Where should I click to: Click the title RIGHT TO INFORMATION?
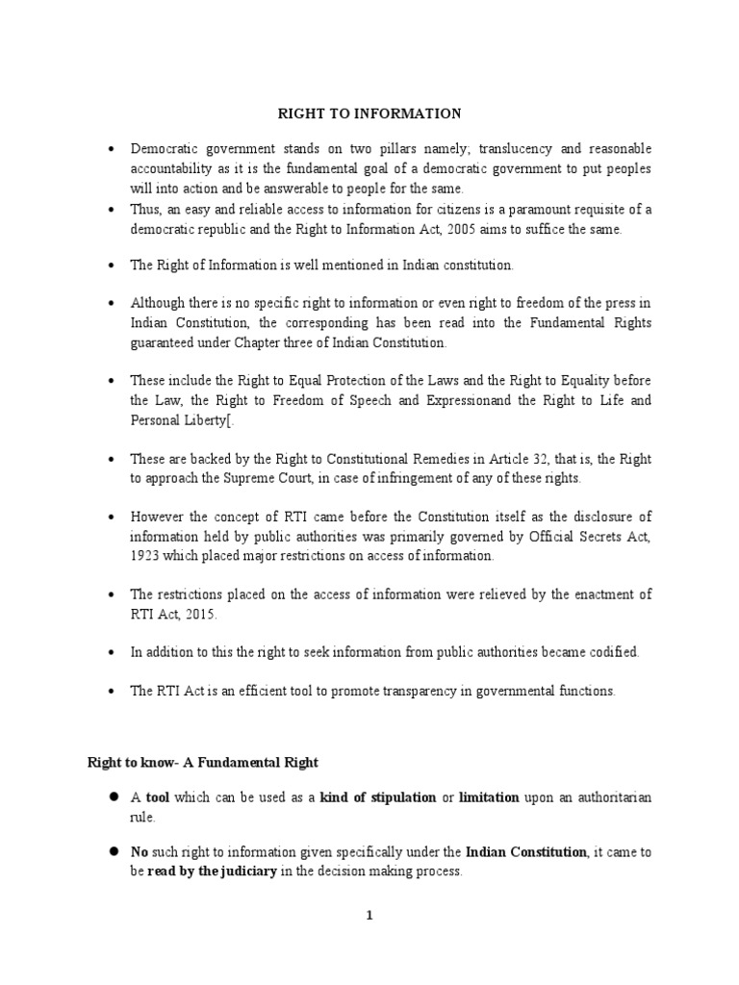(x=369, y=114)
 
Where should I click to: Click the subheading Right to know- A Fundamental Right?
(x=202, y=763)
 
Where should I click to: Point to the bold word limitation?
(x=489, y=797)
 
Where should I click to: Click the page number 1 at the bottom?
(x=369, y=916)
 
